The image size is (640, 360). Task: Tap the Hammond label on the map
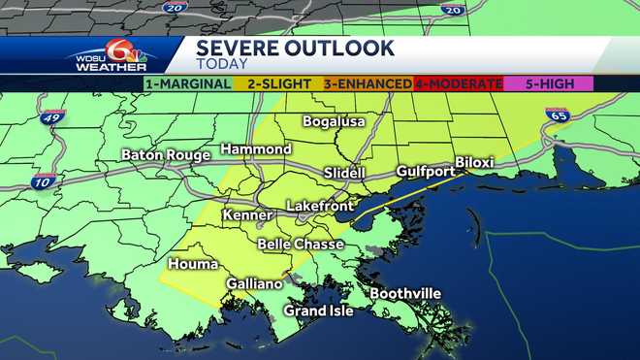[x=255, y=149]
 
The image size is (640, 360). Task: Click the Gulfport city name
[x=425, y=172]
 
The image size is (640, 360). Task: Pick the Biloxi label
[x=474, y=162]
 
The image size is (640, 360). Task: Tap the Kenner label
[x=247, y=214]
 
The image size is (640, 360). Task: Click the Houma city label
[x=192, y=264]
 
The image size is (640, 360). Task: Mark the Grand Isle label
[x=318, y=311]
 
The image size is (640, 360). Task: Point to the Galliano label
[x=254, y=284]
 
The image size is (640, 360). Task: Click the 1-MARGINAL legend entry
[x=187, y=83]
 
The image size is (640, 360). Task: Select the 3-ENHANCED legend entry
[x=368, y=83]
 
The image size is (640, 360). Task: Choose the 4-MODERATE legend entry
[x=459, y=83]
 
